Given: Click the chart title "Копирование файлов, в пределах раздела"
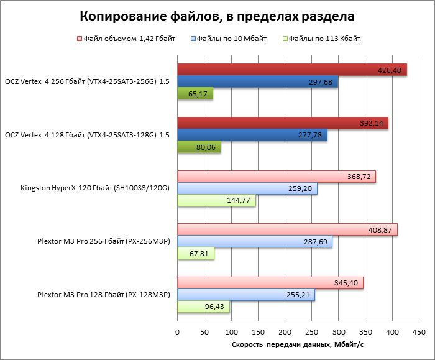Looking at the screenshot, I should [x=217, y=15].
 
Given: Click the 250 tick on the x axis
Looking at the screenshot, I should [x=312, y=332].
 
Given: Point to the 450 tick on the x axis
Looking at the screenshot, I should [x=419, y=332].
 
